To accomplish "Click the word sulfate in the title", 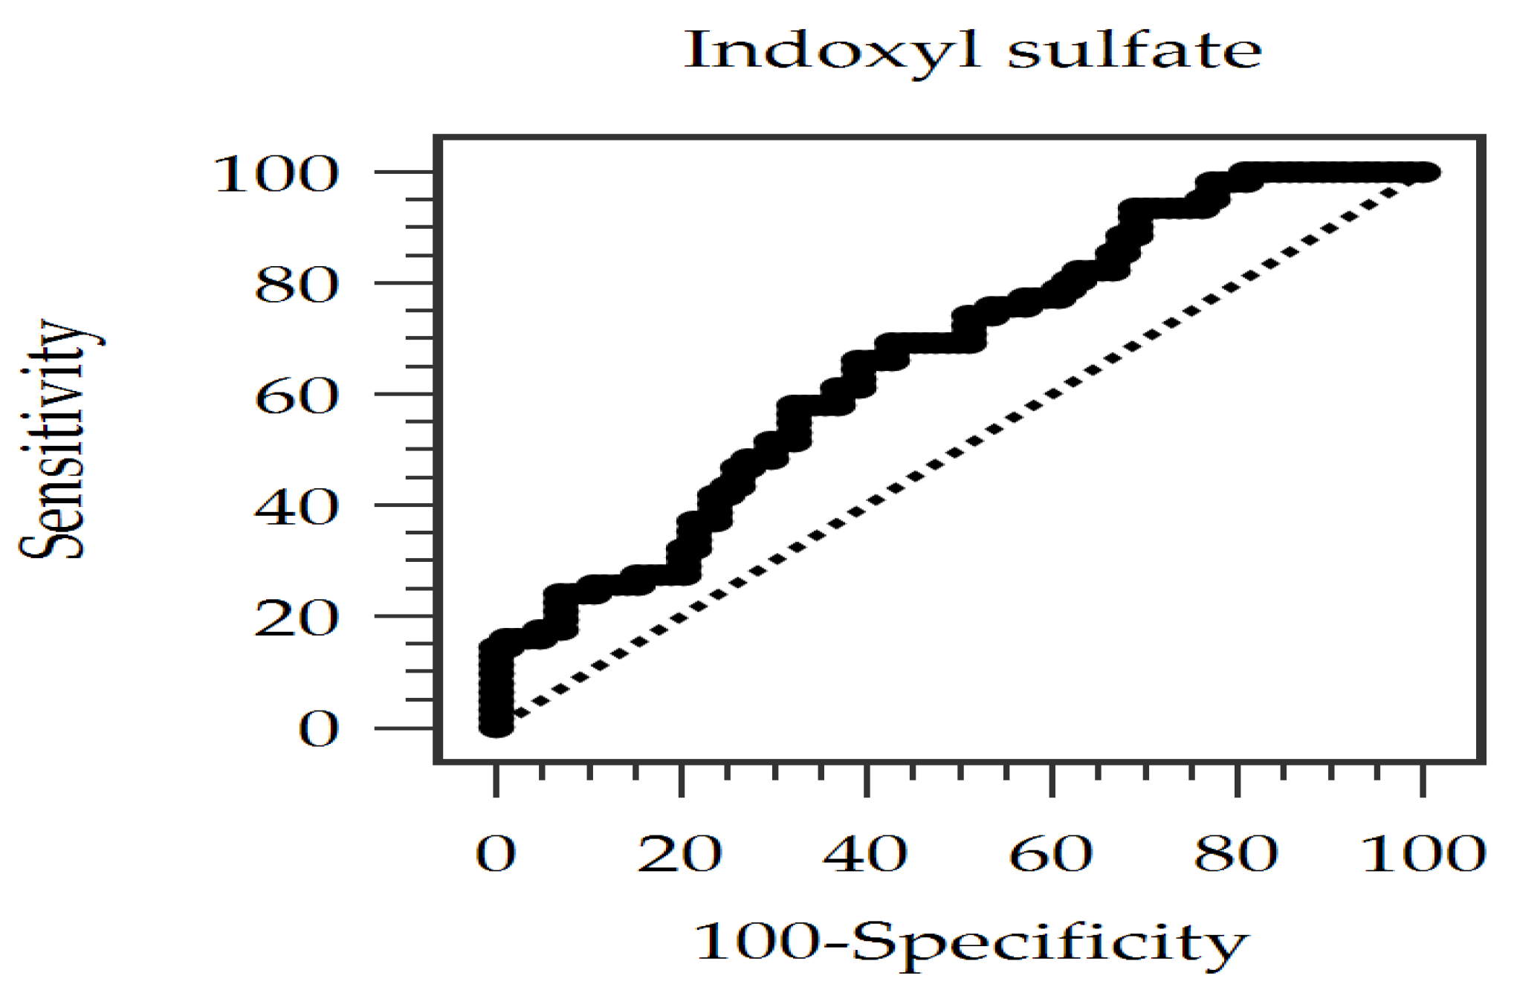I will pyautogui.click(x=1134, y=51).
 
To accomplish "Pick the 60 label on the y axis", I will pyautogui.click(x=297, y=397).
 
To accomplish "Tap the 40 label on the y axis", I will pyautogui.click(x=297, y=508).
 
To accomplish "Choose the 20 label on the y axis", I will pyautogui.click(x=297, y=618).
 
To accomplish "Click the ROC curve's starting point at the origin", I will pyautogui.click(x=496, y=725).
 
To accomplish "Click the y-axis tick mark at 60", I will pyautogui.click(x=405, y=394).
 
